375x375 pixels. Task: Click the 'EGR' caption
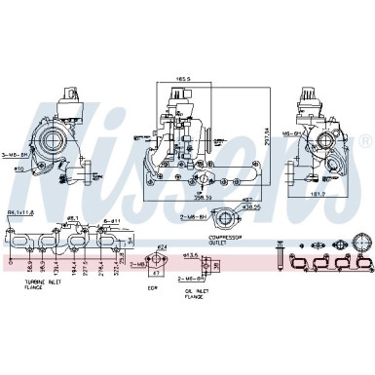pos(152,288)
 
